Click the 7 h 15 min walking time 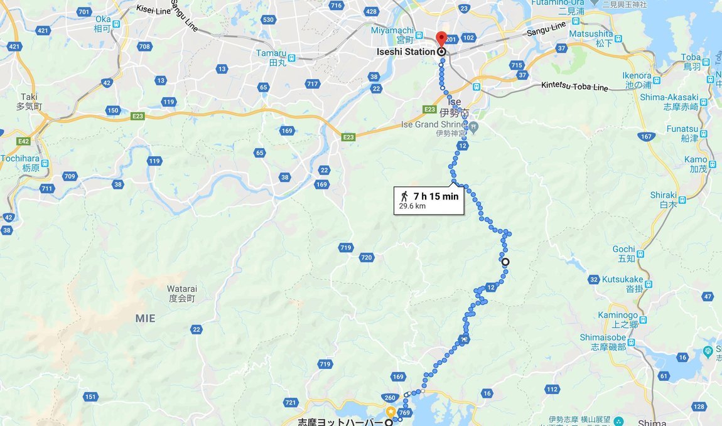coord(436,196)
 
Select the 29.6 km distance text coord(412,205)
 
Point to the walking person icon coord(405,196)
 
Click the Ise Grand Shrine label coord(433,124)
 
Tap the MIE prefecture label coord(145,319)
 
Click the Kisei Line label coord(154,9)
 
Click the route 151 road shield coord(91,397)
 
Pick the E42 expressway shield coord(24,142)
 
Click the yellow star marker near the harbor coord(391,412)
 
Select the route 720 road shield coord(367,257)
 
